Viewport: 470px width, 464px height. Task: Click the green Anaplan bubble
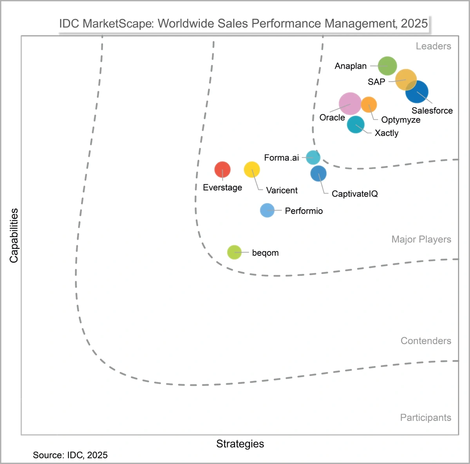(x=387, y=66)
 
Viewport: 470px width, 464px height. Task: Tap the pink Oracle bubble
(x=350, y=104)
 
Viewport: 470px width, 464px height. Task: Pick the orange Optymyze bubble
(x=369, y=104)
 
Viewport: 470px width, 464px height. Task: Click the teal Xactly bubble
(x=356, y=125)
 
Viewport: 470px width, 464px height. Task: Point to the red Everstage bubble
(x=222, y=170)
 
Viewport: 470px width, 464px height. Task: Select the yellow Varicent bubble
(x=252, y=170)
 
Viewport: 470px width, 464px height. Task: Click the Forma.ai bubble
(x=313, y=157)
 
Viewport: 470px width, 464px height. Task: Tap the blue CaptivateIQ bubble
(x=318, y=173)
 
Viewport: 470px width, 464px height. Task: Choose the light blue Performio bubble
(x=267, y=210)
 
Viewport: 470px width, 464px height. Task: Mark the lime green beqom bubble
(x=234, y=252)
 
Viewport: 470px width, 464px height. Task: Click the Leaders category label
(x=433, y=46)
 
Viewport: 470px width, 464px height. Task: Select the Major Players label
(x=421, y=239)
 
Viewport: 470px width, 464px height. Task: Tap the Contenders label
(x=426, y=341)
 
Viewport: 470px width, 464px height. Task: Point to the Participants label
(x=425, y=417)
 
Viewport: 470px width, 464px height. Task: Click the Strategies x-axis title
(x=240, y=444)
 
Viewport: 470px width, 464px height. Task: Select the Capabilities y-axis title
(x=14, y=236)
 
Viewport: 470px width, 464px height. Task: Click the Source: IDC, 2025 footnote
(x=70, y=455)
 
